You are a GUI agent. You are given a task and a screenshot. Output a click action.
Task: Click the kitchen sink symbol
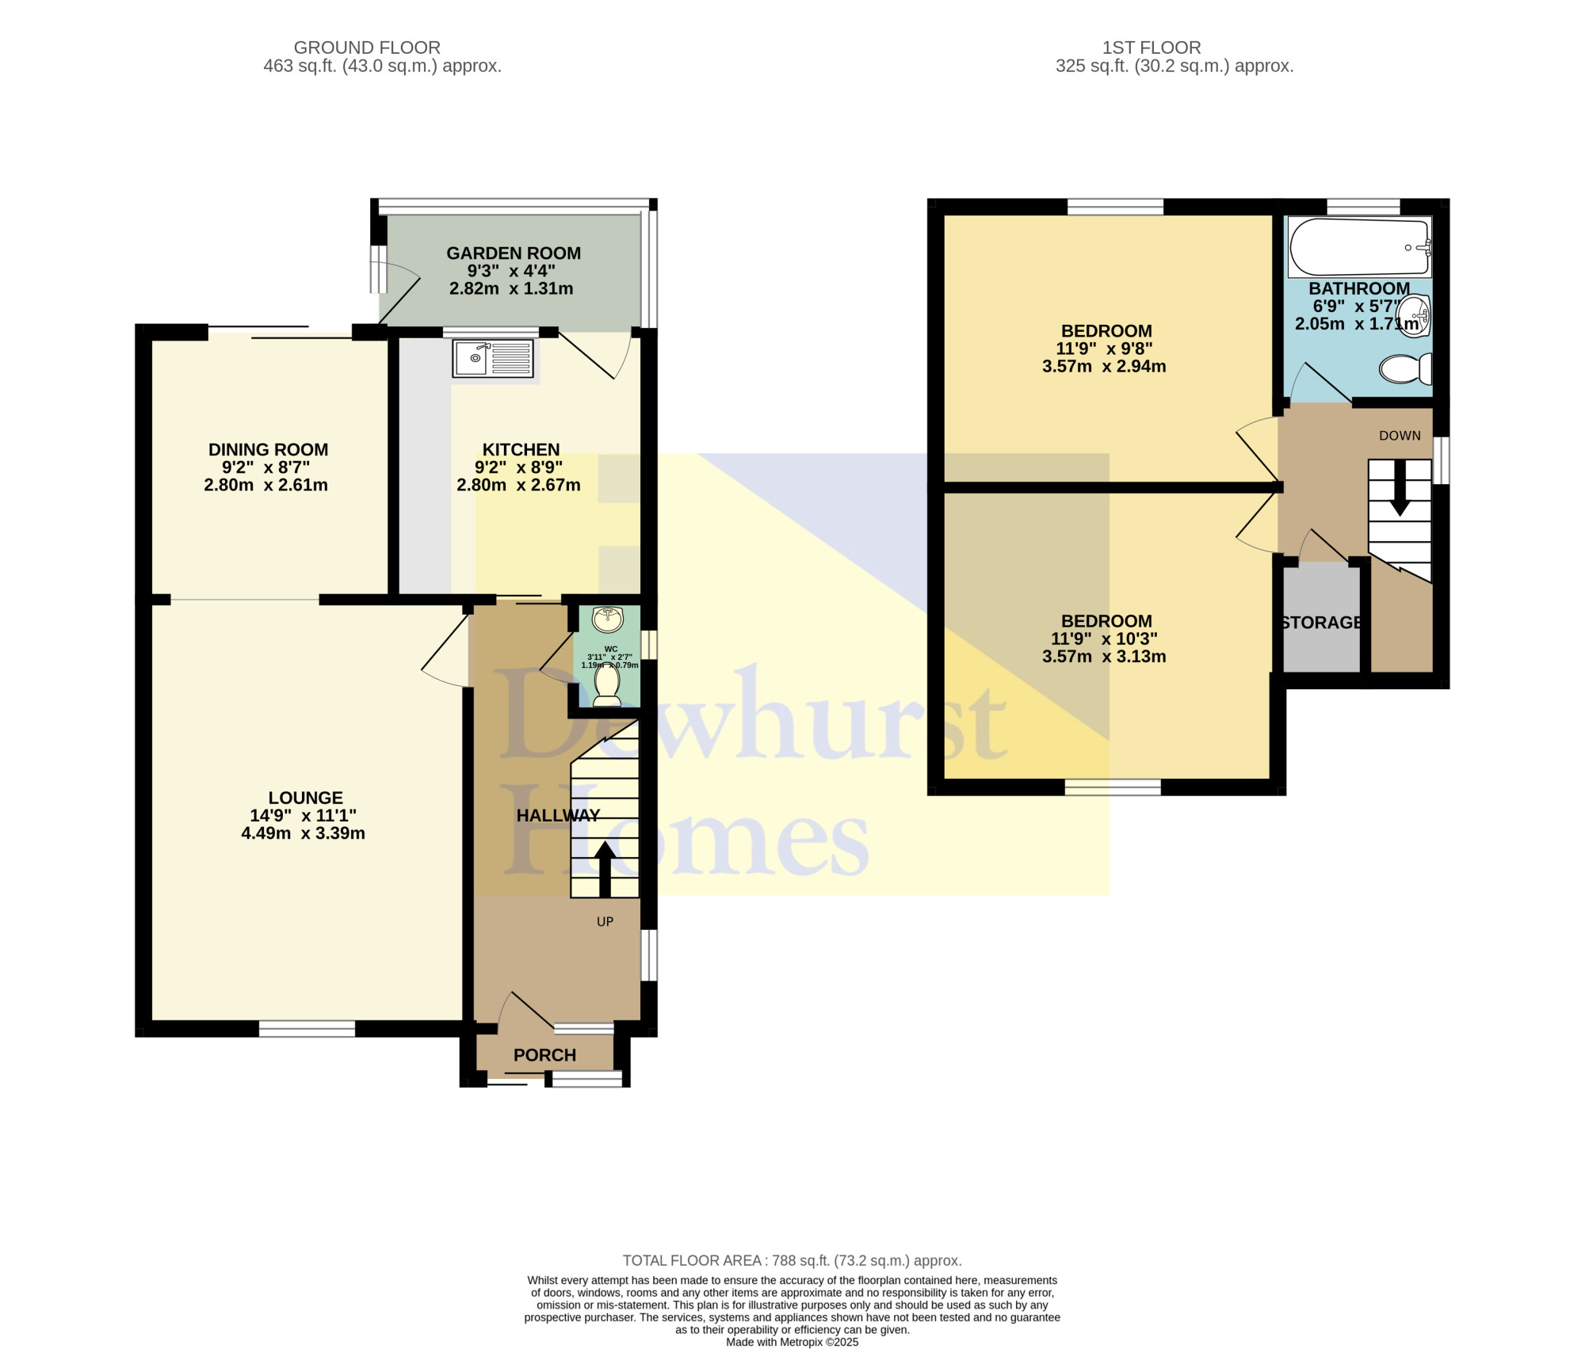[493, 358]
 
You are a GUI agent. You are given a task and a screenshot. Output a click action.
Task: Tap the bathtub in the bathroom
[1360, 247]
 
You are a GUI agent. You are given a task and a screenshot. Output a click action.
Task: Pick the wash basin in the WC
[608, 619]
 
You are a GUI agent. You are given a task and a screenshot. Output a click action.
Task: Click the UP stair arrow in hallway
[605, 869]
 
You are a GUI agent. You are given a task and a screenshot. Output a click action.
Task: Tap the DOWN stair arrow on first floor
[1400, 488]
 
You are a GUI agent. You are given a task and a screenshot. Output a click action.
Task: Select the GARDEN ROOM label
[514, 253]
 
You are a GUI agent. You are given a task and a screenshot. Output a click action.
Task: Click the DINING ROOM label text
[268, 450]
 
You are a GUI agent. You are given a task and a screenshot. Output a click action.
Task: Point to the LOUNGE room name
[305, 798]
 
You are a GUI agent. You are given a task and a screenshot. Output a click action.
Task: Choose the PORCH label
[544, 1055]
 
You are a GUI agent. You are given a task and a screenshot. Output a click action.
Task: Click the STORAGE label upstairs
[1321, 623]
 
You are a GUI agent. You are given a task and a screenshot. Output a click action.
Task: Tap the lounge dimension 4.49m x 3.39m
[303, 833]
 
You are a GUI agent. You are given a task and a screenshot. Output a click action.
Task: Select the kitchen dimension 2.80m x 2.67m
[518, 485]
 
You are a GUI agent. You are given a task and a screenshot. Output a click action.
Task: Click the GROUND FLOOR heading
[367, 48]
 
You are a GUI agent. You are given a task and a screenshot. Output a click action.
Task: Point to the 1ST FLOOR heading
[1152, 48]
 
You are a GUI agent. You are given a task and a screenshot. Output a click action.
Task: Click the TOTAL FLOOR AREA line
[792, 1260]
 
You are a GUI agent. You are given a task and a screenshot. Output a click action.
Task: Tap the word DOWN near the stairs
[1400, 436]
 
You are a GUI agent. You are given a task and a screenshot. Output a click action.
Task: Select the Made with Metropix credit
[792, 1342]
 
